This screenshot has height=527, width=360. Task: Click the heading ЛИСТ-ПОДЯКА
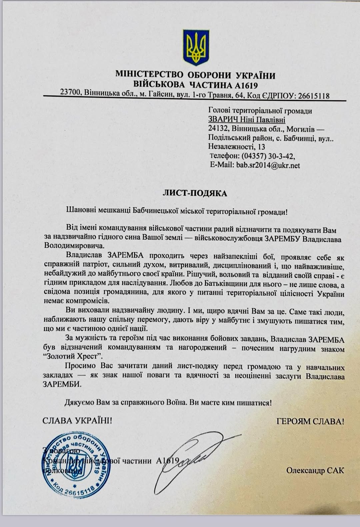point(195,194)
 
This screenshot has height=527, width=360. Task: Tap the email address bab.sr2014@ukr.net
point(268,165)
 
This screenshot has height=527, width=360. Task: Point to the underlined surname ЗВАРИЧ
point(222,120)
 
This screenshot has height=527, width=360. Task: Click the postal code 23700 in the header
point(71,92)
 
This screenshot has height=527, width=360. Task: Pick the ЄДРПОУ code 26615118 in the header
point(313,96)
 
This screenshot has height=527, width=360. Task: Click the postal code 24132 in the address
point(218,129)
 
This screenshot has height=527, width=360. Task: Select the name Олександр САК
point(315,470)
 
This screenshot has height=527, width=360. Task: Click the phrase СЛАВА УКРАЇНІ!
point(77,421)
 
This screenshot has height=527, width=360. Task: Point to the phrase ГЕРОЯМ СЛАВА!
point(310,421)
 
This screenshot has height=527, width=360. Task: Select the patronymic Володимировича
point(74,246)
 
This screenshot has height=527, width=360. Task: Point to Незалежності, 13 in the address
point(237,147)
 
